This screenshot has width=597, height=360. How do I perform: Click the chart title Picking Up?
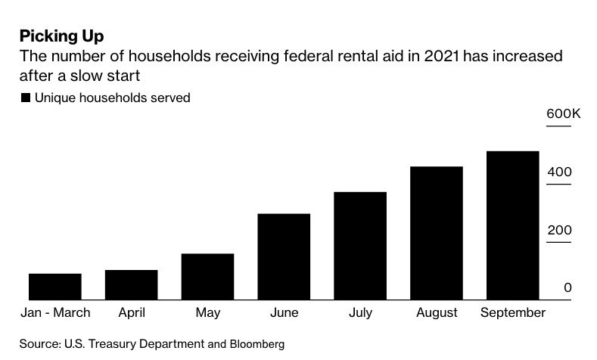point(61,36)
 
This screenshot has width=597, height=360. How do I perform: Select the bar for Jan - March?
point(55,287)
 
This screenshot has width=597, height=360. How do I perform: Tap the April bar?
point(131,285)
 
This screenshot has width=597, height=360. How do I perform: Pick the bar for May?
point(207,277)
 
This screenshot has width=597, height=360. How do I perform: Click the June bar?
point(284,257)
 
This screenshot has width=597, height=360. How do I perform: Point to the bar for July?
point(360,246)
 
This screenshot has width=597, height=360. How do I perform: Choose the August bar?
point(437,233)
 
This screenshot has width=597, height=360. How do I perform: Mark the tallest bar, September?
point(512,225)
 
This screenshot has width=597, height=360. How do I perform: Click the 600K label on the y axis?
point(563,114)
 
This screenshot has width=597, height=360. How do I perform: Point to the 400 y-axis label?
point(560,172)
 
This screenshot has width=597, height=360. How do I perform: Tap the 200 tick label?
point(560,231)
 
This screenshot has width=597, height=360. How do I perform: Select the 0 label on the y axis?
point(567,288)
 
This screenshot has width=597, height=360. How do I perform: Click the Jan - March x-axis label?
point(55,313)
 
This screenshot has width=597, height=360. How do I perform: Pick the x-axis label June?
point(284,313)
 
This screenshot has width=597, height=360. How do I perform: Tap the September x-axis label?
point(512,313)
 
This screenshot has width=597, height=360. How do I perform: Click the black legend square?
point(26,98)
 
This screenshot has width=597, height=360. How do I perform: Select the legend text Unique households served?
point(112,98)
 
